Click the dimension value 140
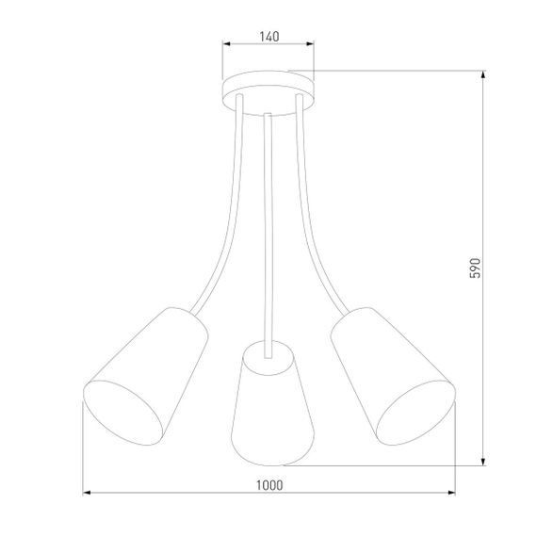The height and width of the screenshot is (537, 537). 268,37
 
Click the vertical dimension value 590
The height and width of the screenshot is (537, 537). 476,268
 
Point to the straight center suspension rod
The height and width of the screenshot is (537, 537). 268,226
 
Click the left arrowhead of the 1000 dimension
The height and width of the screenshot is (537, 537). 88,493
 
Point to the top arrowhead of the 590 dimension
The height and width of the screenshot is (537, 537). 483,76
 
